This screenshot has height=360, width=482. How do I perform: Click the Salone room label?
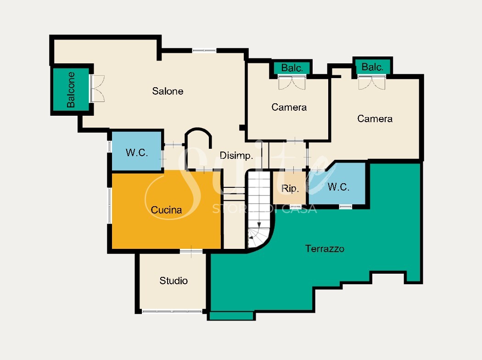click(168, 91)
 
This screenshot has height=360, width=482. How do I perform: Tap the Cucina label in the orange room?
click(166, 210)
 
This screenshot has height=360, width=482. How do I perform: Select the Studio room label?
click(174, 281)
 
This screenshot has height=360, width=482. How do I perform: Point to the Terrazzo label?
click(325, 248)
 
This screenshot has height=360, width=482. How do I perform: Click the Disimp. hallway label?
click(236, 156)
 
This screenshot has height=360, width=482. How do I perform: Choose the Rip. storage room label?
click(290, 188)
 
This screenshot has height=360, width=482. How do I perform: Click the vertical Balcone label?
click(71, 90)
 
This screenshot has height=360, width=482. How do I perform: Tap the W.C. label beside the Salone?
click(137, 152)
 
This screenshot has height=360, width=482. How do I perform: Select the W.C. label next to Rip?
click(338, 186)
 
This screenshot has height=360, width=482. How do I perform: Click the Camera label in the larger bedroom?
click(375, 118)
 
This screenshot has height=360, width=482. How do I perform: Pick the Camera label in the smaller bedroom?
click(289, 107)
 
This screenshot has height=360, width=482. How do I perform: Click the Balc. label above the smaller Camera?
click(292, 68)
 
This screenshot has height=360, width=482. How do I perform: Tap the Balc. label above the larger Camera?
click(372, 67)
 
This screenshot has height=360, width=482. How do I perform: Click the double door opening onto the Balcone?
click(97, 89)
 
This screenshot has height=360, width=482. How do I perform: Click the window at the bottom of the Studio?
click(173, 311)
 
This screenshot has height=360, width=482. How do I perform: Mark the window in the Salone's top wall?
click(204, 51)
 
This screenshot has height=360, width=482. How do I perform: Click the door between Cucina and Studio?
click(191, 252)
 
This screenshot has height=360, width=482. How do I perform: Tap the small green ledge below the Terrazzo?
click(231, 316)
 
